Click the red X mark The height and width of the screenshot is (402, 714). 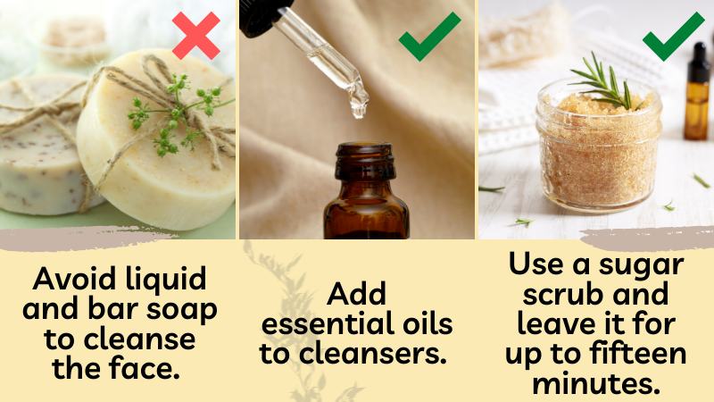[x=195, y=36]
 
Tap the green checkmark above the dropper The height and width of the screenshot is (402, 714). [x=429, y=37]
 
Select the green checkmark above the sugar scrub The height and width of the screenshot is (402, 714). [x=674, y=37]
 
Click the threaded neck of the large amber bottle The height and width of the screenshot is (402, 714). [x=365, y=162]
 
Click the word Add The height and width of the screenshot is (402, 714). [x=356, y=294]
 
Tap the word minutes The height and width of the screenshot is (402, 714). [x=596, y=383]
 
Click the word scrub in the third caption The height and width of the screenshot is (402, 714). [x=561, y=295]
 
